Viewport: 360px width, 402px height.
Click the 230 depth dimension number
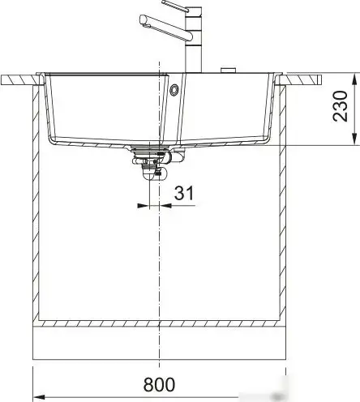343,105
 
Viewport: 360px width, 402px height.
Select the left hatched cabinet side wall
35,203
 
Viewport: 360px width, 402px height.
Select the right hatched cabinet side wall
286,203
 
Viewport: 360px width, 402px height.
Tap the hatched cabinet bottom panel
161,323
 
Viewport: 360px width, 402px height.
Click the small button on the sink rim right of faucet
229,70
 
